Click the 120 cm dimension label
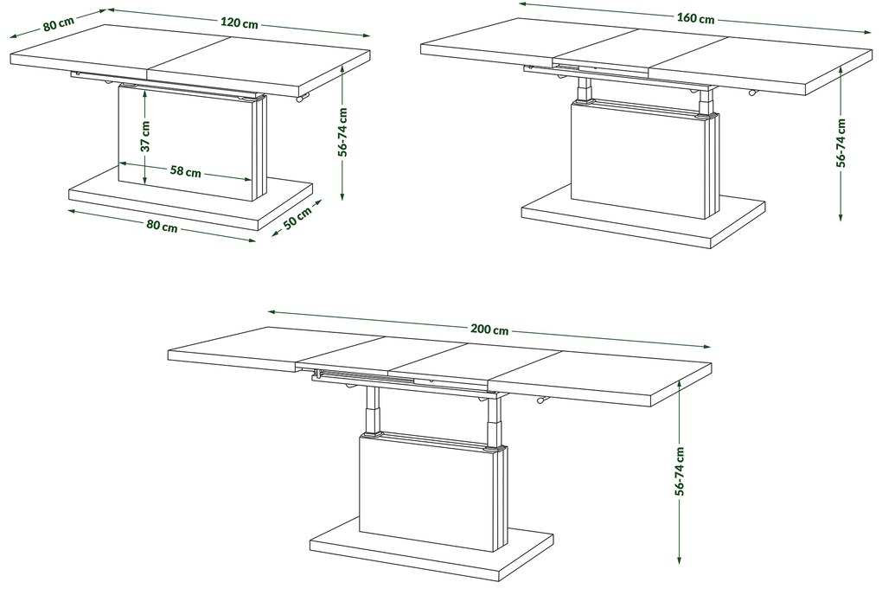click(239, 23)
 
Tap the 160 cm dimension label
click(695, 18)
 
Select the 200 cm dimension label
click(489, 329)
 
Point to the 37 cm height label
click(145, 137)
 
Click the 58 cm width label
click(186, 171)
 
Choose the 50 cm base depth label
click(297, 219)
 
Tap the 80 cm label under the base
click(162, 226)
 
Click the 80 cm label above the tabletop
click(58, 25)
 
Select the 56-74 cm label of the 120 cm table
click(343, 131)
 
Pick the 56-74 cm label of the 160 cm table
click(840, 143)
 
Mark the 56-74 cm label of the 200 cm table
click(680, 471)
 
